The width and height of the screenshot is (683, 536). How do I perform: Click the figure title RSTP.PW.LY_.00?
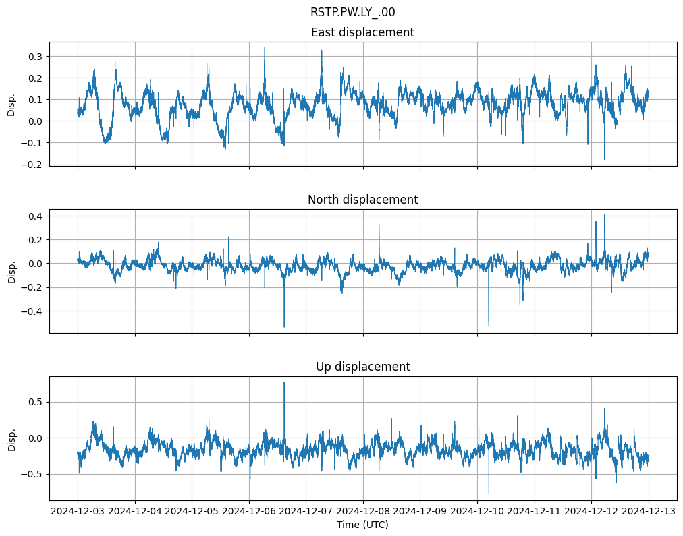point(352,12)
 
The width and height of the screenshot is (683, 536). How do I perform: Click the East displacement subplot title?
point(362,32)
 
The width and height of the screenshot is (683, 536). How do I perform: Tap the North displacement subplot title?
point(362,200)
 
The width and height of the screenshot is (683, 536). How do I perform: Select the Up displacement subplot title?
point(362,367)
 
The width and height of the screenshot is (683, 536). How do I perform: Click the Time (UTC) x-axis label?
point(362,525)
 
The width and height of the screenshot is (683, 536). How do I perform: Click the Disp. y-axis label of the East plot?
point(11,104)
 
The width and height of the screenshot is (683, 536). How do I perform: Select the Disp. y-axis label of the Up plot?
point(11,438)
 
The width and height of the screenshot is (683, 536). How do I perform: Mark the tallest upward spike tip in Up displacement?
point(284,382)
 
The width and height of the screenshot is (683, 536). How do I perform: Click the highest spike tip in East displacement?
point(265,47)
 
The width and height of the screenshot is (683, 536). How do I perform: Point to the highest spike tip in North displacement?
point(605,214)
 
